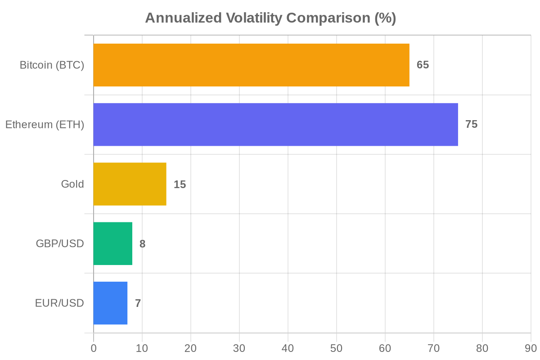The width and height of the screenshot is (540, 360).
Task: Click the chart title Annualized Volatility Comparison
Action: click(x=270, y=18)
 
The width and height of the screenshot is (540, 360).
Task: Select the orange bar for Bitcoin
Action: click(x=251, y=65)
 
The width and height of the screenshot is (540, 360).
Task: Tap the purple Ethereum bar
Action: click(x=275, y=125)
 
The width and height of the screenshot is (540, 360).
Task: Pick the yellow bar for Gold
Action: click(x=130, y=184)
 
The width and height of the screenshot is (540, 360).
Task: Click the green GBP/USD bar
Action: click(x=112, y=243)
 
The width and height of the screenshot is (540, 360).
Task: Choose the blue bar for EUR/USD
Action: click(x=110, y=303)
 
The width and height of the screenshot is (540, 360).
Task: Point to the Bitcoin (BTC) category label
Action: click(x=52, y=65)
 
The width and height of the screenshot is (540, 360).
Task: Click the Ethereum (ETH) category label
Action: click(x=45, y=125)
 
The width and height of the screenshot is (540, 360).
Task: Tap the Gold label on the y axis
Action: click(x=72, y=184)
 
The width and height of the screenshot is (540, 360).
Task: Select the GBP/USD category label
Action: click(x=60, y=243)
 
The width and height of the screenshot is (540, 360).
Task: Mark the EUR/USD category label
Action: click(x=59, y=303)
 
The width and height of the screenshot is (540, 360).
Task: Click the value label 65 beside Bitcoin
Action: click(x=423, y=65)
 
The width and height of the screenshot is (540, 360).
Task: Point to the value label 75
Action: click(x=471, y=125)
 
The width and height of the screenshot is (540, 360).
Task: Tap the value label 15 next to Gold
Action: click(x=180, y=184)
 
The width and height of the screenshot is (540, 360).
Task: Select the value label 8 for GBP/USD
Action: click(x=142, y=243)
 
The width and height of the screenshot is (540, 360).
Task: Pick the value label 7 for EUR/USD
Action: click(x=138, y=303)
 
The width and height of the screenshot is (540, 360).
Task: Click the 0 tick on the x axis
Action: click(x=94, y=349)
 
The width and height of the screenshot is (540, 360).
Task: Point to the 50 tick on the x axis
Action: click(x=336, y=349)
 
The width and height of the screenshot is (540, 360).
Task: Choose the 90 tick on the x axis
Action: click(x=531, y=349)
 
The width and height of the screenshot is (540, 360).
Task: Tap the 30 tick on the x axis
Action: click(x=239, y=349)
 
